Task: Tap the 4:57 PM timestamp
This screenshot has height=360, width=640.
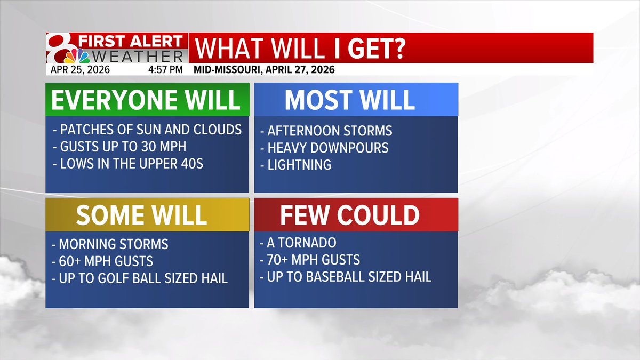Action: pos(165,69)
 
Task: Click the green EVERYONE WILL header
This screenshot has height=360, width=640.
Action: pos(147,99)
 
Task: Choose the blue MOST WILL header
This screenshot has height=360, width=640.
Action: pos(356,99)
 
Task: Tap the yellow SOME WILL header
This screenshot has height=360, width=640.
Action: pos(147,214)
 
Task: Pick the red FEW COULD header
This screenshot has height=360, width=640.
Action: pos(356,214)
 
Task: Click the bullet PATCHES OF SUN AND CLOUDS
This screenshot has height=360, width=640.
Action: pos(147,130)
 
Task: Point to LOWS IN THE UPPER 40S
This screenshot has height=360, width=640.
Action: pos(128,164)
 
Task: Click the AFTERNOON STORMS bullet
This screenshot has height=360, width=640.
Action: pos(326,131)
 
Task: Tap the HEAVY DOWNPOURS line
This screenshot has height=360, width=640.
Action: pos(324,148)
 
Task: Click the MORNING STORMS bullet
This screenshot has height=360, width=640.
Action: pos(111,244)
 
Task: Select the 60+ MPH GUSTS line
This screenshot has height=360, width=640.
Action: pos(103,261)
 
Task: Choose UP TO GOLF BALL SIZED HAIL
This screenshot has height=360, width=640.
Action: pos(140,278)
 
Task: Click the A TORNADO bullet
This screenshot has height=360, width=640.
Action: pos(298,243)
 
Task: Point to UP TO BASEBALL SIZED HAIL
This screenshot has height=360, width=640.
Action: pos(346,277)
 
